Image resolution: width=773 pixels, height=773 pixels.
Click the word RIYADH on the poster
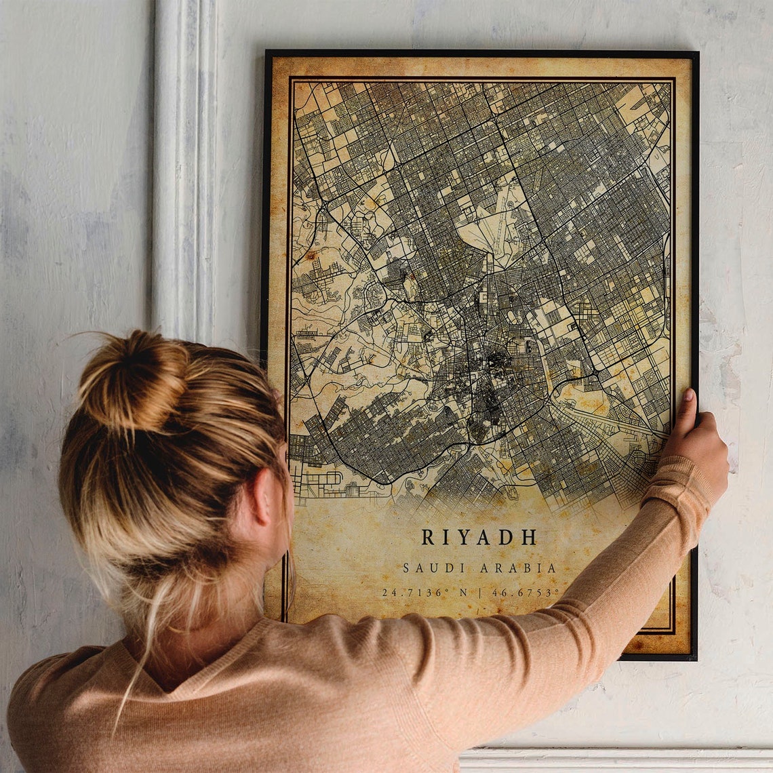coord(479,538)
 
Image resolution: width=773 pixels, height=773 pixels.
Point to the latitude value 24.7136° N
coord(424,593)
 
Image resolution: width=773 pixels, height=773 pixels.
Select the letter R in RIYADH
coord(427,538)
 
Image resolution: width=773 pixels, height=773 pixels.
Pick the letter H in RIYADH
coord(529,538)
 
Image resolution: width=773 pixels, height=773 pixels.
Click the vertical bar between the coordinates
coord(480,593)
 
